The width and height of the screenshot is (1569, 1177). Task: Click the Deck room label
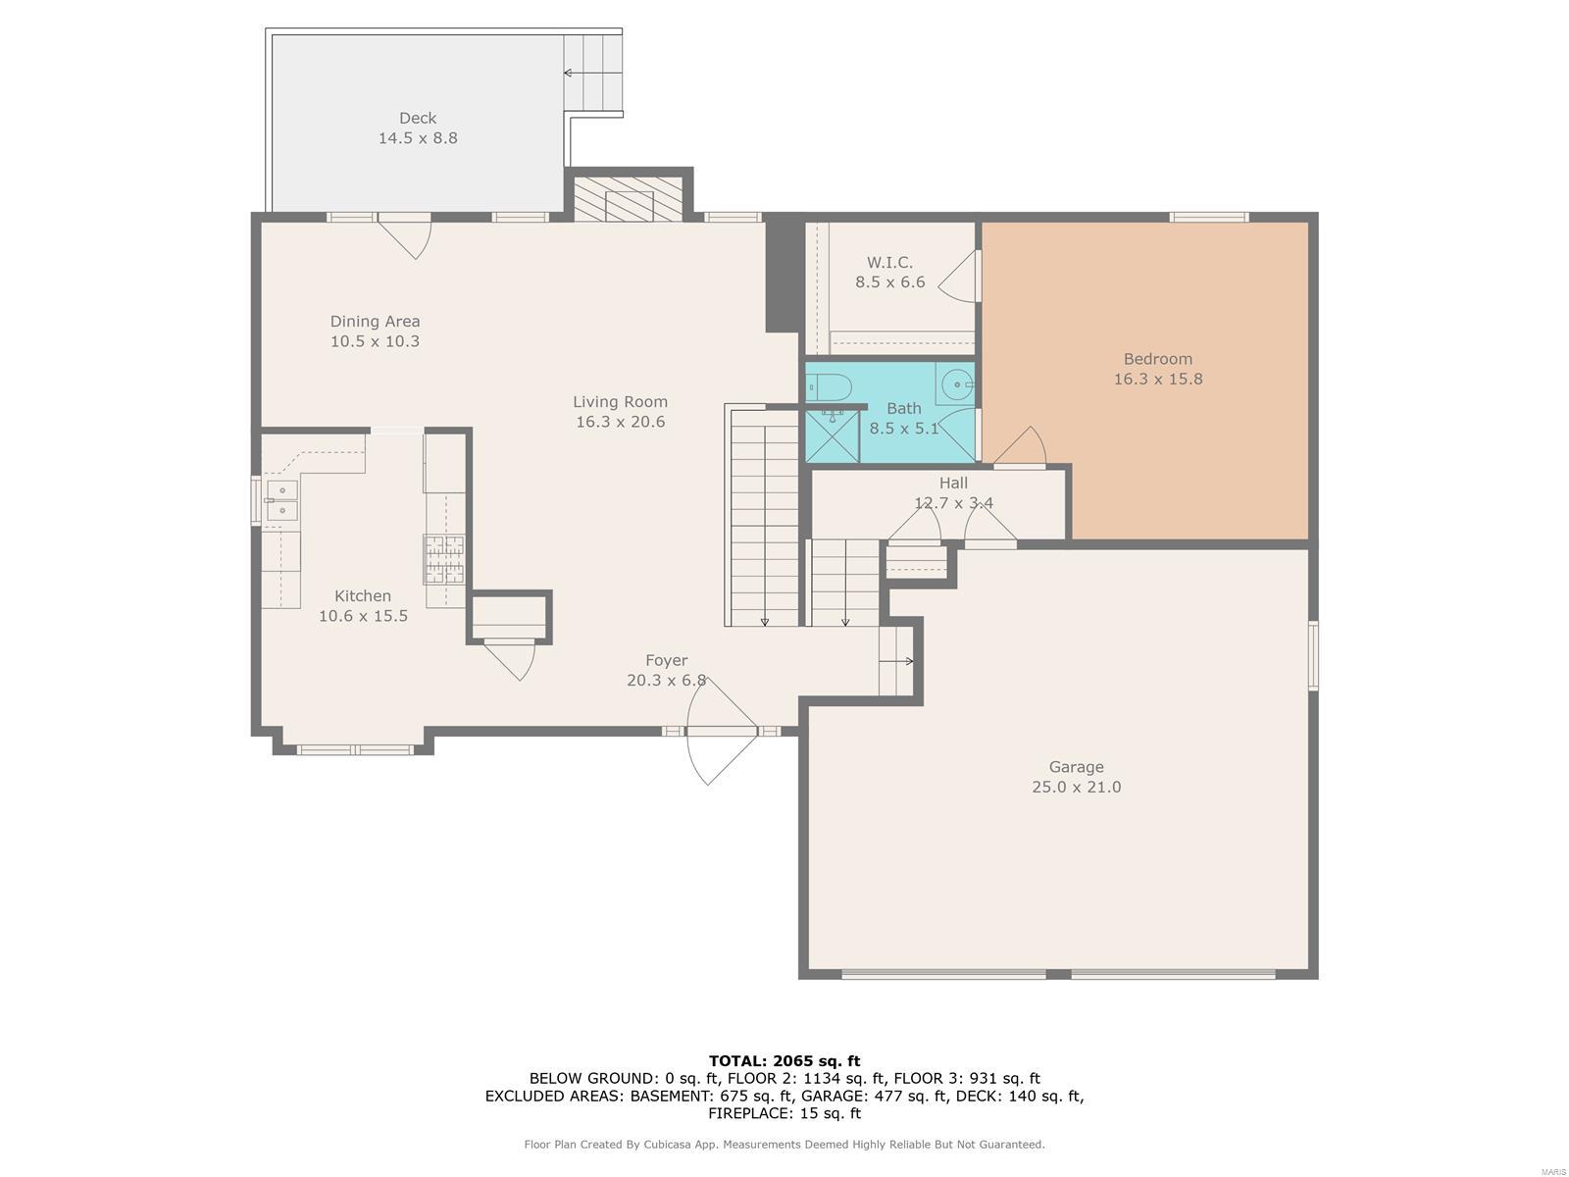(418, 118)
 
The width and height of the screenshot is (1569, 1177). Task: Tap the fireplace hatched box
(629, 199)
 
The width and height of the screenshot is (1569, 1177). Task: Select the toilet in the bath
(830, 388)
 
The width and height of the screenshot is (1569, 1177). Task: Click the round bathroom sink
(956, 385)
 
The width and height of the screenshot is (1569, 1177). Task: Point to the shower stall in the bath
(833, 435)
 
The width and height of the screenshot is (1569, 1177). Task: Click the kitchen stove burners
(444, 559)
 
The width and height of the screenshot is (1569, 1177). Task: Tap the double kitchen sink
(281, 500)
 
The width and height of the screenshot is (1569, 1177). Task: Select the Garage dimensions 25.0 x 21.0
(1076, 787)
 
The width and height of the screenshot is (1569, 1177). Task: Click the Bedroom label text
(1157, 359)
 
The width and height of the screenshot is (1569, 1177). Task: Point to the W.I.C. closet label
(889, 262)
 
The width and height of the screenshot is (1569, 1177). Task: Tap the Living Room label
(620, 401)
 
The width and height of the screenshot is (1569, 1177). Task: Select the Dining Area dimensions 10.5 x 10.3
(375, 341)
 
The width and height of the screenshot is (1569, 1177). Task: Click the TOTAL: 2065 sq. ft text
(784, 1060)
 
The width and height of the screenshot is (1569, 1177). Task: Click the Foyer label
(666, 660)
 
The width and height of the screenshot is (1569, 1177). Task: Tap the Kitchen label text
(363, 596)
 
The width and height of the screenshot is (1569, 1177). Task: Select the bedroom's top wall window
(1209, 217)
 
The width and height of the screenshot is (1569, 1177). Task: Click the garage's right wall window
(1313, 655)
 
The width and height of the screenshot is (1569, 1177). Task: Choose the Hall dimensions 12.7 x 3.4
(953, 502)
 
